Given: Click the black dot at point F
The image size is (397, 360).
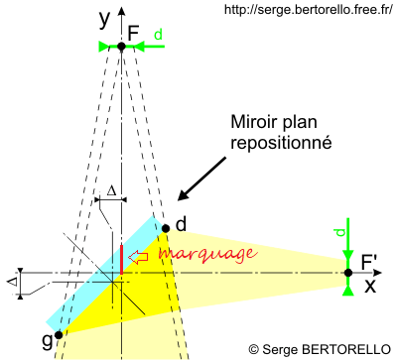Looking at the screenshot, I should [121, 47].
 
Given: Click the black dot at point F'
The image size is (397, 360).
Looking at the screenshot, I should [348, 273].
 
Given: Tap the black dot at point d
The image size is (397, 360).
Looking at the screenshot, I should [166, 228].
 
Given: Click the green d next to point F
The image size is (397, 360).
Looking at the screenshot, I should [158, 36].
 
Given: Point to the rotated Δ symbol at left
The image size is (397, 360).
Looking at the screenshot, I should [13, 282].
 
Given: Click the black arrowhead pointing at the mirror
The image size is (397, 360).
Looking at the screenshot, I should [182, 198].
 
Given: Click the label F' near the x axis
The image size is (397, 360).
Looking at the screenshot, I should [368, 262].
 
